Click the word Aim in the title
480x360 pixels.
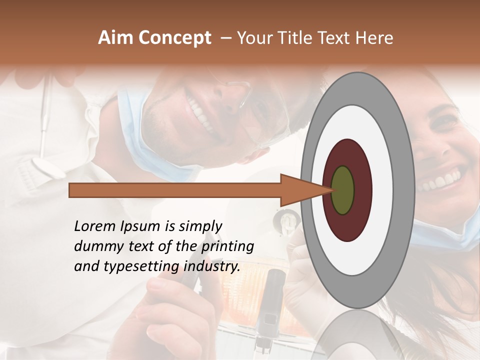click(x=116, y=38)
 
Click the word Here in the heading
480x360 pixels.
click(x=374, y=38)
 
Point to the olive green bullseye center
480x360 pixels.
click(x=342, y=190)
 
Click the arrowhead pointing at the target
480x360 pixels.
click(x=300, y=190)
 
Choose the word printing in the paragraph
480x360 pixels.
click(x=227, y=247)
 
